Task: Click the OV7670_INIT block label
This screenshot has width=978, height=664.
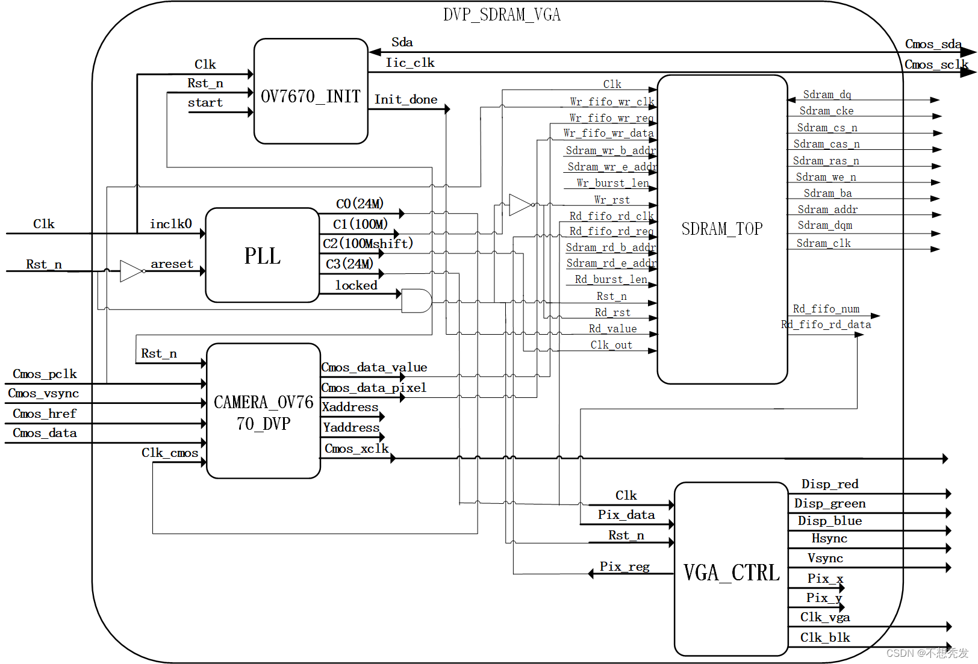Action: point(310,96)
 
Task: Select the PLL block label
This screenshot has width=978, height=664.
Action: point(263,256)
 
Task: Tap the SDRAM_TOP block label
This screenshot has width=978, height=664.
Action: point(722,229)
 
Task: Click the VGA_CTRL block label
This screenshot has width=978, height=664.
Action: point(731,572)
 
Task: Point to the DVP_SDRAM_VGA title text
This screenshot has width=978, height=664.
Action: point(502,14)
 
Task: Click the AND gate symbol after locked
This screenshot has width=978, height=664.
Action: point(416,301)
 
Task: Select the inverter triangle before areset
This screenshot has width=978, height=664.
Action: point(131,271)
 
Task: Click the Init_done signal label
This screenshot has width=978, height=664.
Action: point(406,99)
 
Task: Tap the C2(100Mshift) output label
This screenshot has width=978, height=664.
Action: point(368,243)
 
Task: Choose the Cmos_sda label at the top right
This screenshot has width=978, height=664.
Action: point(933,44)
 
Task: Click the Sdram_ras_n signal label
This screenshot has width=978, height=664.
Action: point(826,161)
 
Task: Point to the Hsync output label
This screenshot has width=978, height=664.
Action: point(829,538)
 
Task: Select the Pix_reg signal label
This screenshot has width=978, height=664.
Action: point(624,566)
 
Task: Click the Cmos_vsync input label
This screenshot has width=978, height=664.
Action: point(43,393)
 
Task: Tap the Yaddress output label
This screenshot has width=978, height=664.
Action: point(351,427)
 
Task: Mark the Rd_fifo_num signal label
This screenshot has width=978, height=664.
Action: point(826,309)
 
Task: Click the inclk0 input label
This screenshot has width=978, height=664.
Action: point(171,224)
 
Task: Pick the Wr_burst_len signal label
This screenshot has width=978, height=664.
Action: point(612,183)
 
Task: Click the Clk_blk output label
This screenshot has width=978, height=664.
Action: point(825,638)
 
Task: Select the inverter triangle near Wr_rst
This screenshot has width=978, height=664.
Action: point(520,205)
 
